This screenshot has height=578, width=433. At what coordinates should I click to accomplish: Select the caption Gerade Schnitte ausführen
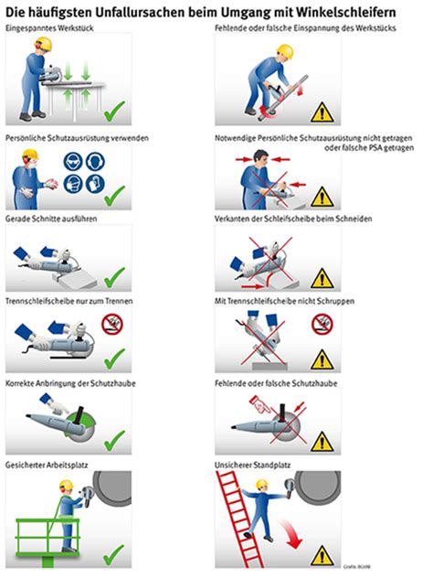(x=49, y=219)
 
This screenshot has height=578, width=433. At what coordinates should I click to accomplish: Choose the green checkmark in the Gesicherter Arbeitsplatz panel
(x=113, y=552)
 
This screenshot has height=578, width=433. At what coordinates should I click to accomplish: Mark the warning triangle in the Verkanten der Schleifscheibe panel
(x=321, y=278)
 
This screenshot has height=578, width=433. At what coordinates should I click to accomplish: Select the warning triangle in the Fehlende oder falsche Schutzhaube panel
(x=321, y=445)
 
